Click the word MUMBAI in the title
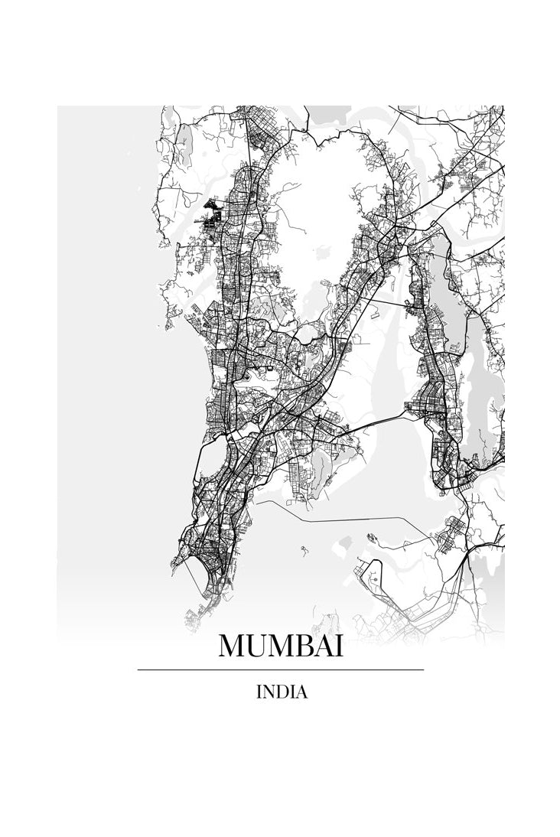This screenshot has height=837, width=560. click(281, 647)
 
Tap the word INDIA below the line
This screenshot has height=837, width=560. click(282, 693)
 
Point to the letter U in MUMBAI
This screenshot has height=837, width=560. click(259, 647)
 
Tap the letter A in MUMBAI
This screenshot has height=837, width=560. click(327, 647)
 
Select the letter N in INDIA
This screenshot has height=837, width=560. click(269, 693)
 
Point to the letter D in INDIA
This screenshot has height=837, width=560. click(282, 693)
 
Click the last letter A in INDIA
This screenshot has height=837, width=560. click(301, 693)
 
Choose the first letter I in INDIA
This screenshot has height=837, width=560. click(260, 693)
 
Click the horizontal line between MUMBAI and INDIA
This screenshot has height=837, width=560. click(281, 670)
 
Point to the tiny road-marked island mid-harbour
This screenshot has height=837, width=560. click(304, 549)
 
